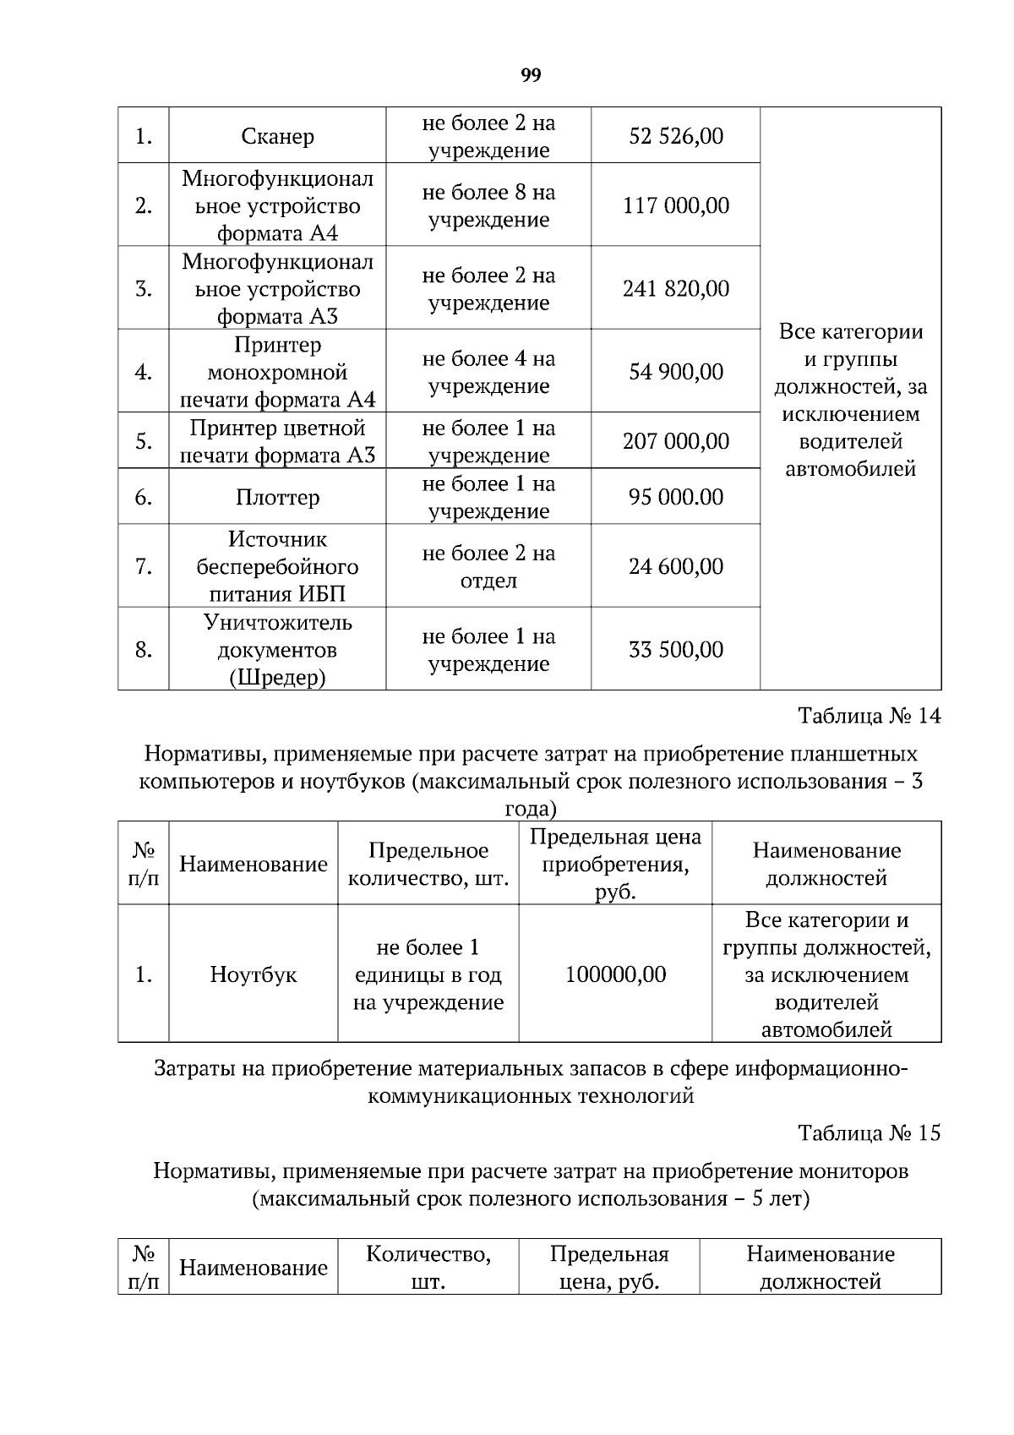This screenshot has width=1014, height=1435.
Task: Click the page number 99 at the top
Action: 531,76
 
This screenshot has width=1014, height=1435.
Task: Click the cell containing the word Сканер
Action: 277,136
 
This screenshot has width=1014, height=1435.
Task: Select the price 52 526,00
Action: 675,136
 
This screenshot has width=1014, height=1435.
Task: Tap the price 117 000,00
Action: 675,205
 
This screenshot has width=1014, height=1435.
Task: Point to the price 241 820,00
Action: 675,289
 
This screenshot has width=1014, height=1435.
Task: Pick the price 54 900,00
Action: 675,372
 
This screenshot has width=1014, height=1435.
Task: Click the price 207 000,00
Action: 675,441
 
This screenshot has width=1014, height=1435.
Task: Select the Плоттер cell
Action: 277,497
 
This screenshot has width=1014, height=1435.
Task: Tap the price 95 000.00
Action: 675,497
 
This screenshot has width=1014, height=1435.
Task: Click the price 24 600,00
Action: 675,566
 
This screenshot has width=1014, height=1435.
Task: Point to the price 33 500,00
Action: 675,649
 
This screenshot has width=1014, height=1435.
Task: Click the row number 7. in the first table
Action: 144,566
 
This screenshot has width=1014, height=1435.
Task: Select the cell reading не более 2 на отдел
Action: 488,566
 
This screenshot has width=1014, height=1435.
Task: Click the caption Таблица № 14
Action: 869,716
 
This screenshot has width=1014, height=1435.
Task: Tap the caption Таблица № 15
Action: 869,1132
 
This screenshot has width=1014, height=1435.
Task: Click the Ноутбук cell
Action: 253,974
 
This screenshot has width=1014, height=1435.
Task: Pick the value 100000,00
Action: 615,974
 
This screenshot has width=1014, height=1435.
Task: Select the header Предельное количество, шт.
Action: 428,864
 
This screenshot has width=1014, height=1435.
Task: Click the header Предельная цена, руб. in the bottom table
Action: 609,1267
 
